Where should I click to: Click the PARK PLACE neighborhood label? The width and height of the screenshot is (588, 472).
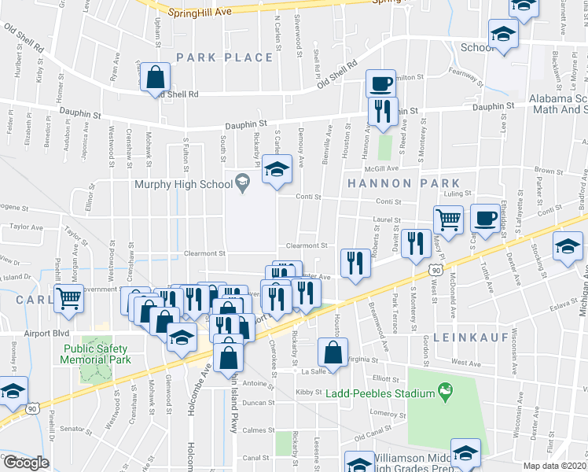coord(224,57)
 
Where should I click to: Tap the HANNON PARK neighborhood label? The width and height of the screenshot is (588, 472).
coord(386,183)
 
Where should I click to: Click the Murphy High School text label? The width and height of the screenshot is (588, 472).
coord(183,185)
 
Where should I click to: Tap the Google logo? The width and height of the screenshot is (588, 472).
coord(26,463)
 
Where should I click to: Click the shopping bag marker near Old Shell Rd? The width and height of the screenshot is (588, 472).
coord(156,78)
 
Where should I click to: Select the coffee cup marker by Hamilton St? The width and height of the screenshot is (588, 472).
coord(380,83)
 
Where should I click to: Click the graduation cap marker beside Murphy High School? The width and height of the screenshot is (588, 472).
coord(277,170)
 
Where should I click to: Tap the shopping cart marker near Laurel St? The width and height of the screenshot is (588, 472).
coord(448,219)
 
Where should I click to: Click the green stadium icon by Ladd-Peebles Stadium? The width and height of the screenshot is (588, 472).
coord(446,389)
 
